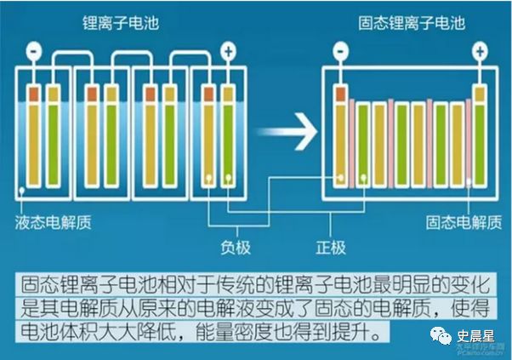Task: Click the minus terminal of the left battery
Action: pos(35,50)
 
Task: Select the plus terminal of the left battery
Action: pos(228,50)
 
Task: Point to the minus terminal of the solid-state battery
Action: pos(340,51)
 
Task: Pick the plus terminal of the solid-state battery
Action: pos(480,51)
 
